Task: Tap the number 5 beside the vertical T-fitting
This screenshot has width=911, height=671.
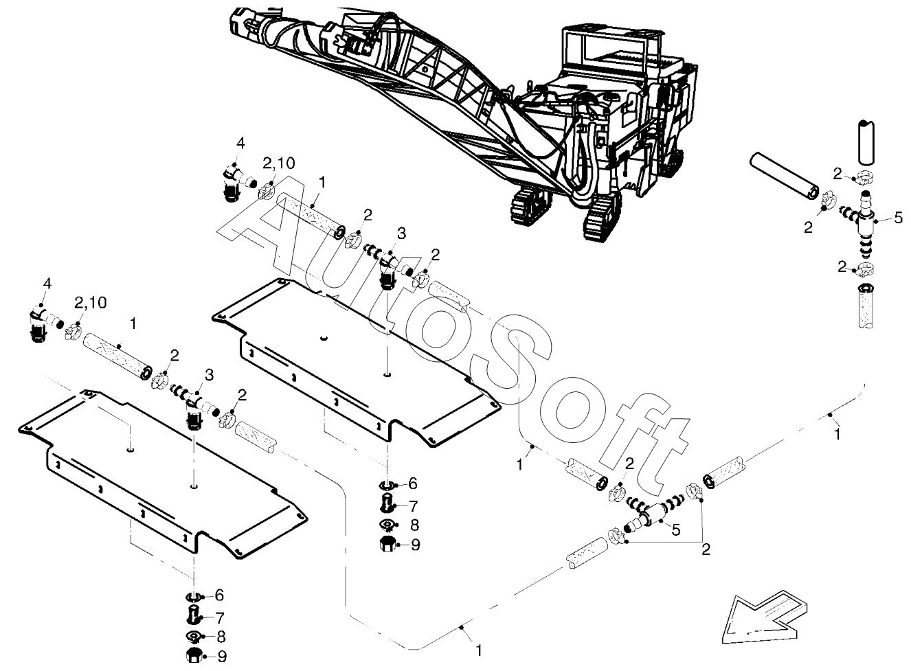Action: (898, 218)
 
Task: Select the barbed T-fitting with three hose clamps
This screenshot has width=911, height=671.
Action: (862, 221)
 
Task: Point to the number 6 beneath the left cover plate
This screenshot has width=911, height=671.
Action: (219, 595)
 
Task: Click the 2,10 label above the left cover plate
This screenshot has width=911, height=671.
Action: (89, 304)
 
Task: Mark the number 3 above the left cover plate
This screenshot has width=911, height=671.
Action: (208, 375)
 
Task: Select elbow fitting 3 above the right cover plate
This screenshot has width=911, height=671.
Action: (388, 264)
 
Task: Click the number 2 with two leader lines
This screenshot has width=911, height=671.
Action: (706, 549)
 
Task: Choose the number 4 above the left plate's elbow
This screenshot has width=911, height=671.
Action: (47, 283)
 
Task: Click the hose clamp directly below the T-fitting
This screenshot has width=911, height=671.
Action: (865, 269)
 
